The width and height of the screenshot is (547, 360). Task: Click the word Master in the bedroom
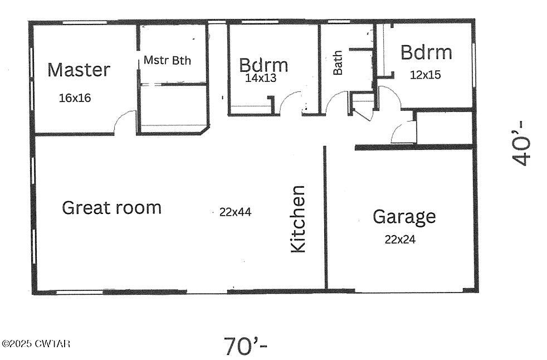pos(79,70)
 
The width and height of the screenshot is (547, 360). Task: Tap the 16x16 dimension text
pos(75,98)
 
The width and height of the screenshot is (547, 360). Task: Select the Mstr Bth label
pos(167,60)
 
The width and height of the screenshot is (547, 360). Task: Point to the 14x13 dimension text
pos(261,78)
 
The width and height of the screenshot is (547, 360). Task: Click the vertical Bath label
pos(338,64)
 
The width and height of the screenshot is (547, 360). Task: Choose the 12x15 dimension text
pos(426,74)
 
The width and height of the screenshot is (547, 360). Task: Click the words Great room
pos(111,208)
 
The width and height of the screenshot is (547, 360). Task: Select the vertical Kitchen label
pos(299,219)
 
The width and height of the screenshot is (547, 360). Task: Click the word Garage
pos(404,216)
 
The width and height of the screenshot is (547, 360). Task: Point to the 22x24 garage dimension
pos(400,240)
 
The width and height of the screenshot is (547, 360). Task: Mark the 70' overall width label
pos(246,346)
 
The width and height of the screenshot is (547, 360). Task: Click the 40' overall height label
pos(522,143)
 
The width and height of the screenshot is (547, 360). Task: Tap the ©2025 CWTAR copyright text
pos(36,344)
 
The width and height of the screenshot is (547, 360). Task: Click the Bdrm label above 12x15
pos(426,53)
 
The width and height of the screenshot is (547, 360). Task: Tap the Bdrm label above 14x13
pos(263,65)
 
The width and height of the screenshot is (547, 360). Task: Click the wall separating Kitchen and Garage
pos(325,217)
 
